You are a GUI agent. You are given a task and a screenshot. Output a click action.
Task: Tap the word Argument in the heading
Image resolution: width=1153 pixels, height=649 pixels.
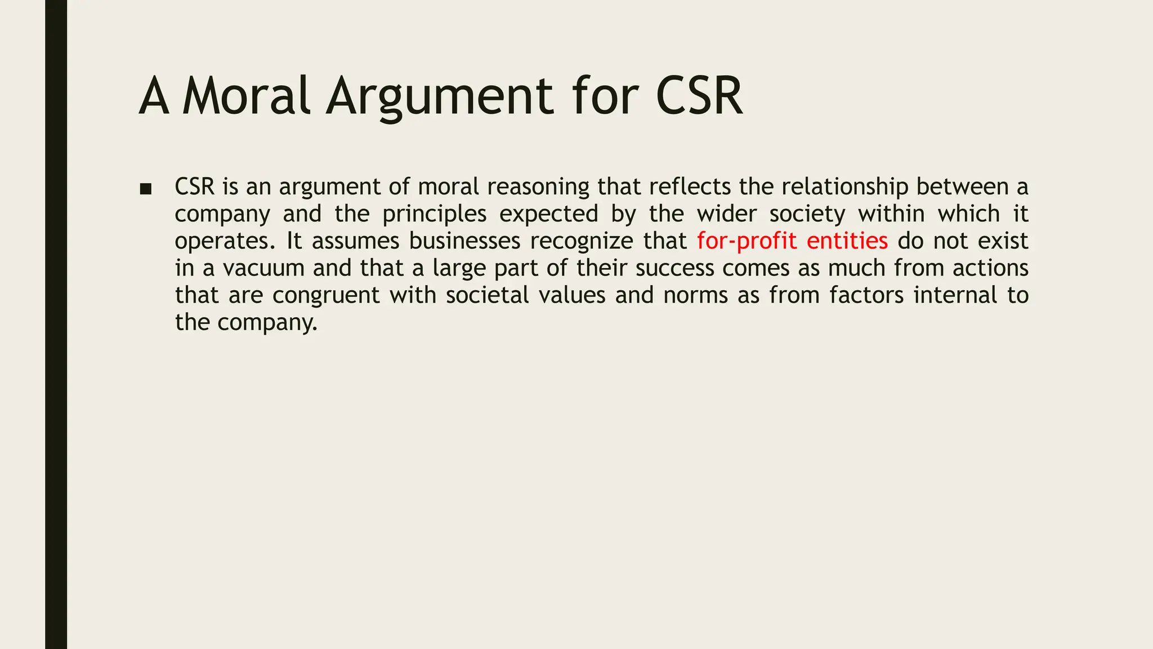(x=440, y=97)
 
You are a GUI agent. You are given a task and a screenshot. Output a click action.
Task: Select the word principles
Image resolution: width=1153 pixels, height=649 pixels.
(x=434, y=214)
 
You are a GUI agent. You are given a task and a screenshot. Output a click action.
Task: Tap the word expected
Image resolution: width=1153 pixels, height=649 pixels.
(x=548, y=214)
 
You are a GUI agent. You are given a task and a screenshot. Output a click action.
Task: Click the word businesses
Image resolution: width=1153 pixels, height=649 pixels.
(x=464, y=241)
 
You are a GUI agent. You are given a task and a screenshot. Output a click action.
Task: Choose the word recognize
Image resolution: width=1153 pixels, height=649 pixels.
(x=582, y=241)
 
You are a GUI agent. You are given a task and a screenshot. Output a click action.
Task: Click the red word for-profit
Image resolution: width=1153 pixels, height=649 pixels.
(x=747, y=241)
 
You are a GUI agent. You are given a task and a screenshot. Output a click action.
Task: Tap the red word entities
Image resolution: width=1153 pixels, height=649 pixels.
(x=847, y=241)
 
